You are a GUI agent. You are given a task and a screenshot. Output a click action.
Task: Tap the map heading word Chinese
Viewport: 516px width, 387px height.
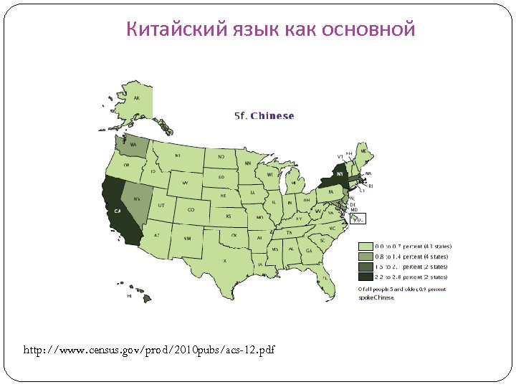(x=272, y=115)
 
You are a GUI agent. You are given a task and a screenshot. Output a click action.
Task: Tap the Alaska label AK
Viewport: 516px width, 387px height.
(x=136, y=98)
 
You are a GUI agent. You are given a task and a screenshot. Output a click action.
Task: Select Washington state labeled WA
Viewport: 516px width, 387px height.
(x=135, y=145)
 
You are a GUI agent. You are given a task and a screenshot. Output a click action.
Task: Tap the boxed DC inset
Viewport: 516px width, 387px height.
(x=360, y=219)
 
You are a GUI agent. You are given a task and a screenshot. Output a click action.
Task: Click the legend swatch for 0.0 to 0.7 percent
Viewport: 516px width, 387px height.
(x=365, y=247)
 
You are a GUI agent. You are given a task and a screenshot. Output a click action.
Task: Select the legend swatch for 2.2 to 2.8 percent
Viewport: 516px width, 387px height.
(x=365, y=277)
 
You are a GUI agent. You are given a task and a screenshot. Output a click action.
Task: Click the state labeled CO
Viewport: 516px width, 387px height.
(x=191, y=209)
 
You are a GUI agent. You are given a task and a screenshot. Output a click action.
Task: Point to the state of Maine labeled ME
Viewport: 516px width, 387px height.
(x=363, y=151)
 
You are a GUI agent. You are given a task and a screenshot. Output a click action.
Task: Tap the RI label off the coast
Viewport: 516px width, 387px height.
(x=371, y=186)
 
